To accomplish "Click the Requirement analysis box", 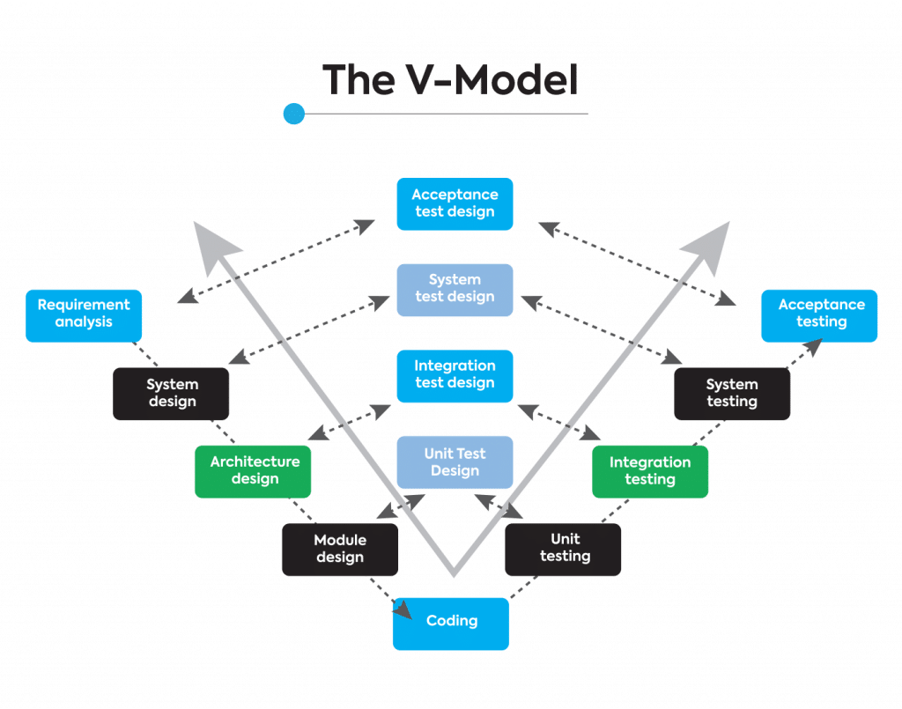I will click(x=84, y=314).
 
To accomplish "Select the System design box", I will click(x=172, y=394).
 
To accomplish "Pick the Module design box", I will click(x=340, y=549).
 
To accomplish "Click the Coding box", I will click(x=451, y=623).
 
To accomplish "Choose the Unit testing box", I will click(x=564, y=549).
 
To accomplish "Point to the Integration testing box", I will click(x=650, y=471).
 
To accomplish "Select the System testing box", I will click(x=732, y=394).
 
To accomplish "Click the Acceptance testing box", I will click(x=819, y=314).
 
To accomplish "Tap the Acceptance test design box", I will click(x=455, y=203).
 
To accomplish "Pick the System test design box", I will click(x=455, y=289).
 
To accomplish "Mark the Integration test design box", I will click(x=455, y=374).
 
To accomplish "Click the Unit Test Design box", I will click(x=455, y=462).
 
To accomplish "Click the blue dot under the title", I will click(x=294, y=114).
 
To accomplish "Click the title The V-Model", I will click(x=451, y=79).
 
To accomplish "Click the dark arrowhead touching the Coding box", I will click(x=403, y=610).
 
